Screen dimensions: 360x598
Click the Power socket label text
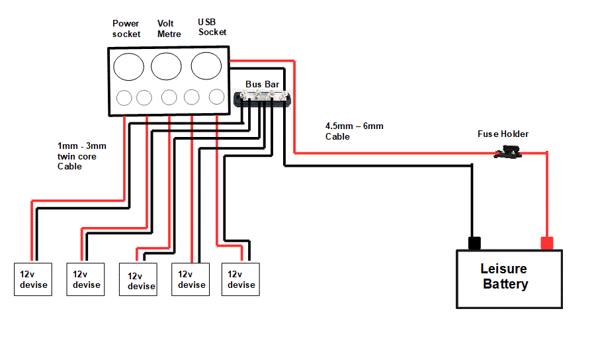click(126, 28)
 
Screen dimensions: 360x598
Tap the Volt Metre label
click(169, 28)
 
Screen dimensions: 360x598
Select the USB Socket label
click(212, 27)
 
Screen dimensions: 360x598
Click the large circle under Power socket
click(128, 67)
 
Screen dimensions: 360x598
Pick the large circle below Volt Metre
click(166, 67)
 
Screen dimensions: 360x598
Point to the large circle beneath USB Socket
click(206, 66)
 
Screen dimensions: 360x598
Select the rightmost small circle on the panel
click(216, 97)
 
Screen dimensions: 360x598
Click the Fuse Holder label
click(503, 134)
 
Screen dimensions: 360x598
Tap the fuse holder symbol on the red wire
click(507, 154)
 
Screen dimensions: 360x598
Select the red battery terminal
click(546, 243)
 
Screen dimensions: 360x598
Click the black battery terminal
click(474, 243)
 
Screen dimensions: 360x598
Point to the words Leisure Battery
click(505, 277)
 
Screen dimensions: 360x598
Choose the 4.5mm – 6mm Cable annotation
click(354, 131)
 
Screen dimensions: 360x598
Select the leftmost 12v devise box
click(33, 279)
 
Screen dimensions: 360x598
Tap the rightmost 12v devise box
click(241, 279)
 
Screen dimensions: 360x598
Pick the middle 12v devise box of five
click(138, 280)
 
